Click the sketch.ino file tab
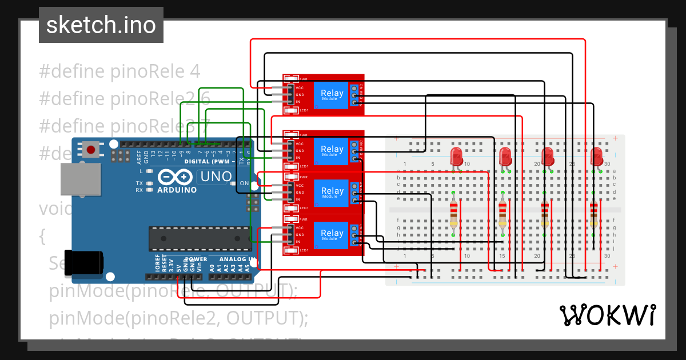pos(101,25)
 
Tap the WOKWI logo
pos(607,315)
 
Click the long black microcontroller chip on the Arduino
pos(200,238)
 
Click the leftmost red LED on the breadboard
pos(456,155)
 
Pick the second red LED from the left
pos(505,155)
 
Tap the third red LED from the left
pos(547,155)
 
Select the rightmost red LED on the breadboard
pos(596,155)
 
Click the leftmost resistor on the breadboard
pos(454,214)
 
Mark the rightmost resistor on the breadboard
pos(594,214)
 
